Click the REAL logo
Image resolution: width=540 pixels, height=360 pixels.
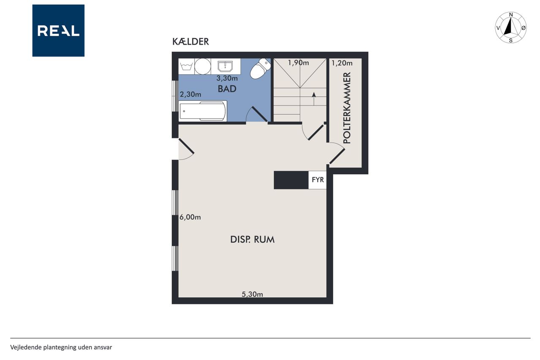click(x=58, y=31)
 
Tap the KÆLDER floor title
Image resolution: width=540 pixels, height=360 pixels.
click(x=190, y=42)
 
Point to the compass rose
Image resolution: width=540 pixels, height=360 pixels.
click(x=510, y=27)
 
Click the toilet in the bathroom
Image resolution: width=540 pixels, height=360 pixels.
click(x=260, y=68)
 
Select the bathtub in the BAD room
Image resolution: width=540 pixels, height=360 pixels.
click(x=203, y=111)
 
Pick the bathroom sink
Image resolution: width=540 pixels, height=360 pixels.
click(x=225, y=66)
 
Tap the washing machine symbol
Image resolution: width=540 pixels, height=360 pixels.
click(x=186, y=66)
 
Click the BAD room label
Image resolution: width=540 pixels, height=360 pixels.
click(x=227, y=89)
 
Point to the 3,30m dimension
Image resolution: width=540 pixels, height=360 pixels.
click(x=227, y=78)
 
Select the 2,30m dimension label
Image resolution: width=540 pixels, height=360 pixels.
click(x=190, y=94)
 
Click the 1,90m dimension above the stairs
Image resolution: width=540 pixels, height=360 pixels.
click(x=298, y=63)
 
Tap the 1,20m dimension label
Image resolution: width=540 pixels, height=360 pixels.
click(x=342, y=63)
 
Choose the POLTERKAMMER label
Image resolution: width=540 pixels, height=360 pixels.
click(x=347, y=108)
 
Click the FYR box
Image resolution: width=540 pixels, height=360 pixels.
click(x=318, y=180)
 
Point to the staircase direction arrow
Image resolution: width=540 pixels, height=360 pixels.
click(x=313, y=99)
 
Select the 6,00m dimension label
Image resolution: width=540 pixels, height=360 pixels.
click(x=190, y=217)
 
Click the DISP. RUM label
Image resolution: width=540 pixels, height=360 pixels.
click(x=252, y=239)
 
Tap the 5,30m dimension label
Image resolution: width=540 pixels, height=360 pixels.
click(x=252, y=294)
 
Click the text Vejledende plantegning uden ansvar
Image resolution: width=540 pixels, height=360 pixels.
click(x=61, y=347)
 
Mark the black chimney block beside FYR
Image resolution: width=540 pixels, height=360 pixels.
click(x=291, y=180)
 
